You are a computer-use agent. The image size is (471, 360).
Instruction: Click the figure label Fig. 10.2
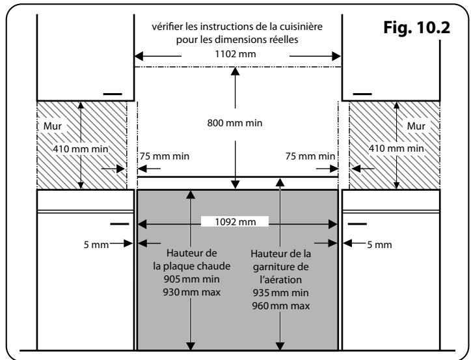coord(416,28)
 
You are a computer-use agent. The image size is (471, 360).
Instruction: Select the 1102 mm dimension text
coord(235,54)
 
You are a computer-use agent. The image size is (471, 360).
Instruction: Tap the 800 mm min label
coord(235,123)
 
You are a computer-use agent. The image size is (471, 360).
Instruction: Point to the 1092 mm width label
coord(235,222)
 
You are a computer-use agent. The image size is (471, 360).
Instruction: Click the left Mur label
coord(53,126)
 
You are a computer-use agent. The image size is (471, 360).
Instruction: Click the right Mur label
coord(416,126)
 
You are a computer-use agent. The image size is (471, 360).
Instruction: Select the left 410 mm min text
coord(81,148)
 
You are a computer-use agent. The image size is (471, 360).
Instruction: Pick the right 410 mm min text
coord(396,148)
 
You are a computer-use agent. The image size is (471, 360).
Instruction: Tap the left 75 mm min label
coord(165,156)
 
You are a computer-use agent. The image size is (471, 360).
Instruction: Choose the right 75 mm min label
coord(310,156)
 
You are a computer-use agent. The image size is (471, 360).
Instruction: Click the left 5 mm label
coord(96,245)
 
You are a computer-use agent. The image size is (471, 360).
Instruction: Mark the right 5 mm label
coord(379,245)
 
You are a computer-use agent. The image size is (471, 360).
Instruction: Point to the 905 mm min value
coord(191,279)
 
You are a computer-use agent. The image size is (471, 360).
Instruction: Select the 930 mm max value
coord(191,292)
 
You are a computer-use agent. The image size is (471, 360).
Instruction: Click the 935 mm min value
coord(280,293)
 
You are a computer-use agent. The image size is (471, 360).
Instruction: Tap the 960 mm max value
coord(280,306)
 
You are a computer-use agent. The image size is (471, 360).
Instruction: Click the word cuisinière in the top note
coord(301,27)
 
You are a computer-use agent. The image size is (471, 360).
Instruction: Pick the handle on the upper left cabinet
coord(113,94)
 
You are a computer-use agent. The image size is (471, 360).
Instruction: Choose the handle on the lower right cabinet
coord(357,224)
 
